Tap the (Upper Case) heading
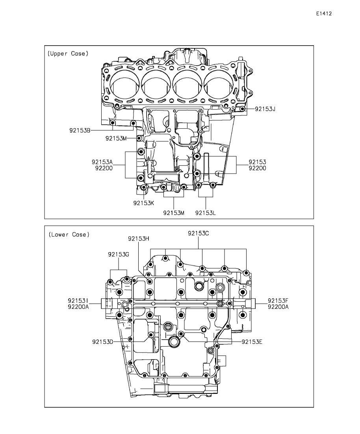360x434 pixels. [x=68, y=54]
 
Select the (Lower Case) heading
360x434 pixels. [x=69, y=235]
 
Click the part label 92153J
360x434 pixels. [x=265, y=109]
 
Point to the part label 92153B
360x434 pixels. [x=80, y=130]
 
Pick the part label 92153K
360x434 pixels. [x=143, y=203]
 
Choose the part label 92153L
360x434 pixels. [x=205, y=213]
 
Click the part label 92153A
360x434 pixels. [x=102, y=162]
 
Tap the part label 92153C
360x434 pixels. [x=199, y=233]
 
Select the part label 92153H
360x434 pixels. [x=139, y=238]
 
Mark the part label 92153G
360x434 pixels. [x=119, y=254]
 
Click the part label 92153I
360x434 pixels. [x=78, y=300]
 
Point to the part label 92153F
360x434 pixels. [x=278, y=300]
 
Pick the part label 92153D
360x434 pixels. [x=103, y=342]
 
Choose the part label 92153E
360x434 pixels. [x=252, y=342]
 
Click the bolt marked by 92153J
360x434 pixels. [x=243, y=109]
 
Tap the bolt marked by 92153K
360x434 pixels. [x=143, y=188]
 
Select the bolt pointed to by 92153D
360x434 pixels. [x=151, y=335]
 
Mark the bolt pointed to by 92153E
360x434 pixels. [x=181, y=333]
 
